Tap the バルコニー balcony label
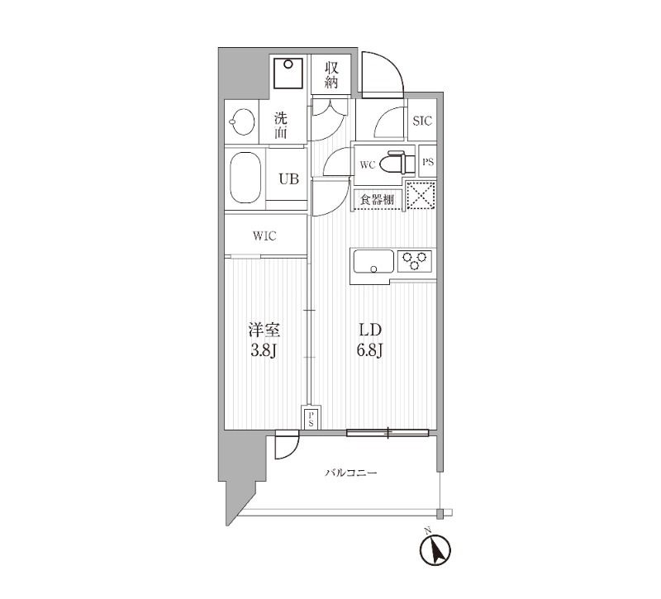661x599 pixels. tap(350, 473)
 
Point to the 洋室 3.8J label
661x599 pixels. tap(264, 339)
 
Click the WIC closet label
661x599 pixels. tap(264, 236)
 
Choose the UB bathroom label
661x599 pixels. tap(288, 180)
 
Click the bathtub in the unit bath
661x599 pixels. tap(245, 178)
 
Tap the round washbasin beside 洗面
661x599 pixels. tap(241, 124)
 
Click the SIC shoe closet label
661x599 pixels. tap(422, 121)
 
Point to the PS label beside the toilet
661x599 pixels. tap(428, 162)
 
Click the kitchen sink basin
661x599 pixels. tap(373, 263)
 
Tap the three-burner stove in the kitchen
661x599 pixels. tap(415, 261)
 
